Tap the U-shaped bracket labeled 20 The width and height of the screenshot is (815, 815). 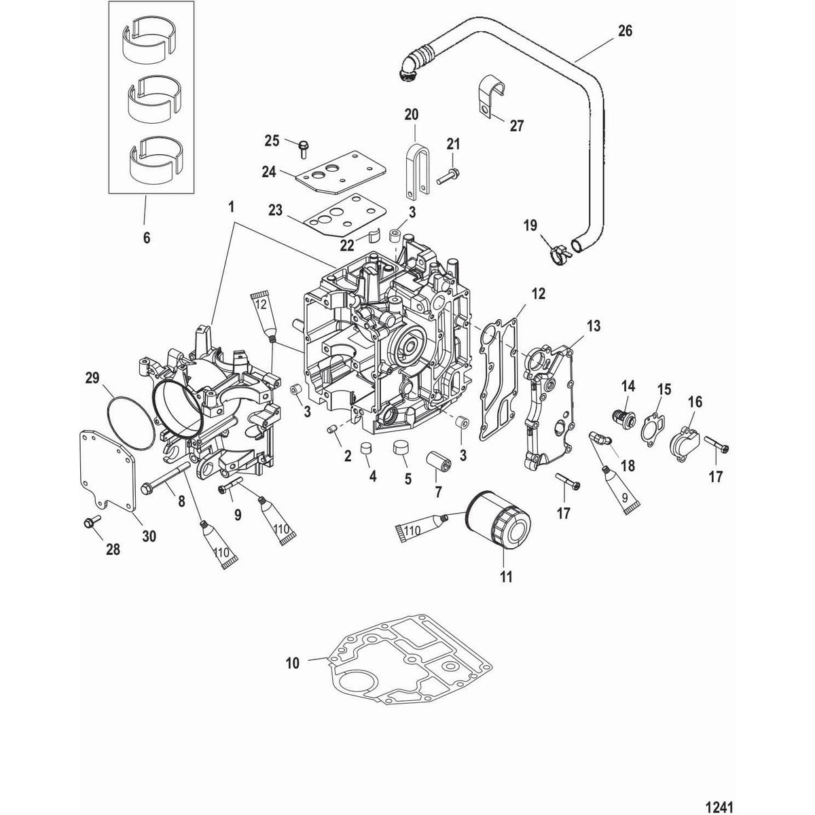click(414, 159)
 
